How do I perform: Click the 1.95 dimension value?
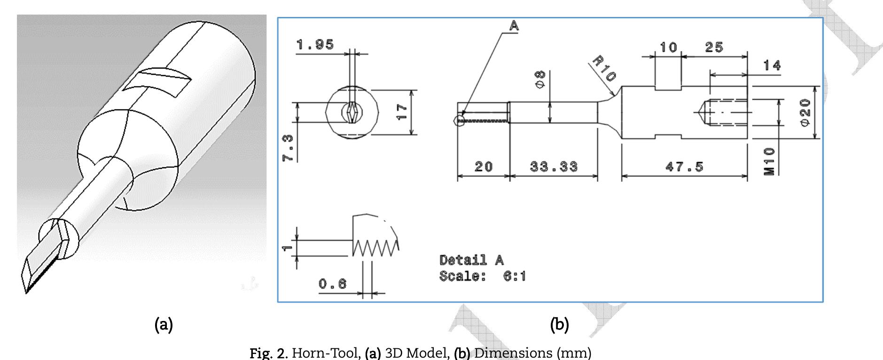[x=315, y=45]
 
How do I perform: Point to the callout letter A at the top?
[x=514, y=26]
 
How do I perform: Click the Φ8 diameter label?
[x=540, y=79]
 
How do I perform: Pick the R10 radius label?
[x=604, y=69]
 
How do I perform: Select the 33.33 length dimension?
[x=554, y=166]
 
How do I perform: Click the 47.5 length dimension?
[x=684, y=166]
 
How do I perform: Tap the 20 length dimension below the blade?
[x=483, y=166]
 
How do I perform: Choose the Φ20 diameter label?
[x=805, y=112]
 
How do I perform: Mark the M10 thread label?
[x=769, y=161]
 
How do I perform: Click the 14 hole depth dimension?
[x=772, y=65]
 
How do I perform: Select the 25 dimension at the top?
[x=714, y=47]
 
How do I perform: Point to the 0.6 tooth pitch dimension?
[x=333, y=284]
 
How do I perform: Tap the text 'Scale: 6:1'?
[x=483, y=276]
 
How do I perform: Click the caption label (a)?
[x=164, y=324]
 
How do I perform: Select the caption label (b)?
[x=559, y=324]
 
